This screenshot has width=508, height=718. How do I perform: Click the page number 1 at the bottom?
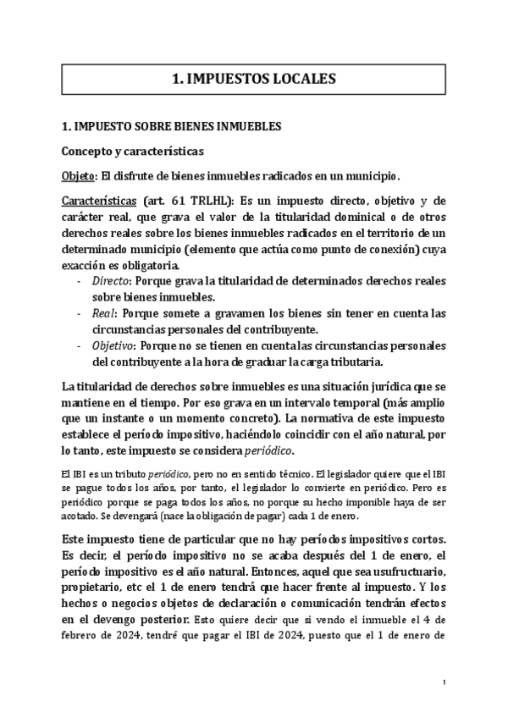tap(444, 682)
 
